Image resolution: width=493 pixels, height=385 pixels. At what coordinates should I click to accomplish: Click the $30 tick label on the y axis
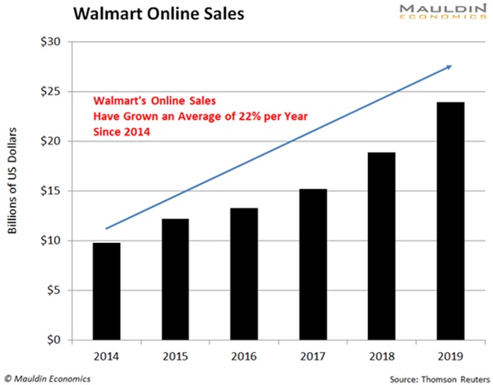53,42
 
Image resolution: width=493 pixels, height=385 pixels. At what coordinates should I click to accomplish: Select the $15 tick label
53,191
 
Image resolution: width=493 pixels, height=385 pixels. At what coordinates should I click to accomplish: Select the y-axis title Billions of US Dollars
13,190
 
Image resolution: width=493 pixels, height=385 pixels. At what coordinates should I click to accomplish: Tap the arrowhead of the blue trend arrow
449,66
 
